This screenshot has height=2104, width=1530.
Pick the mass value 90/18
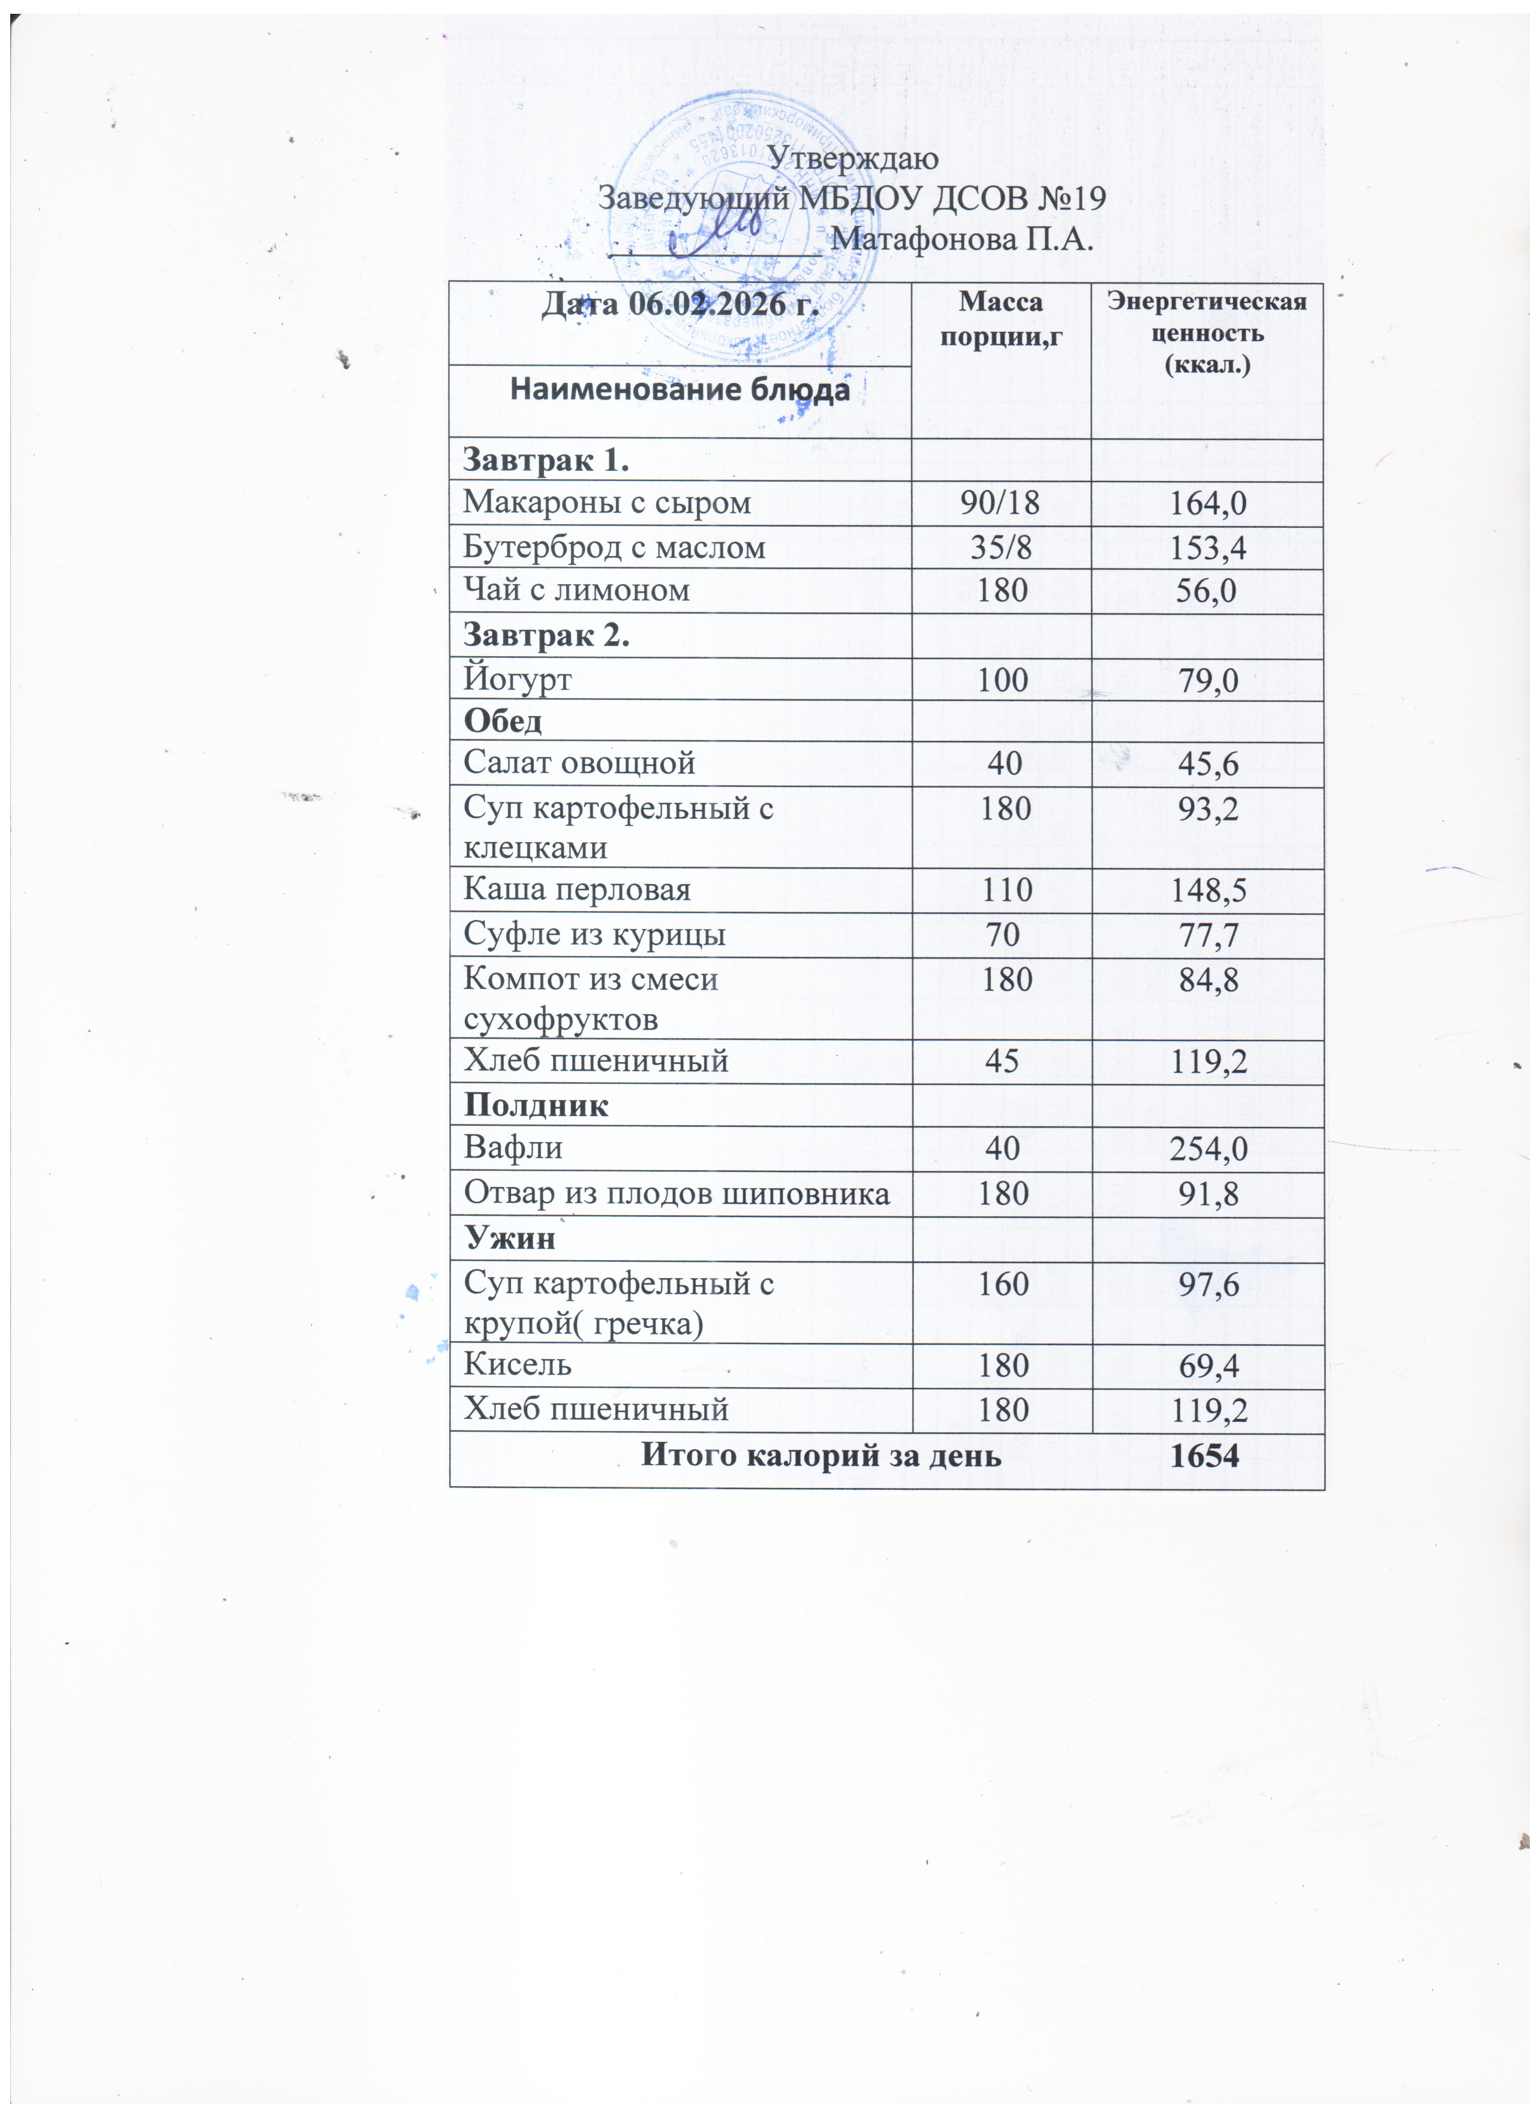1000,503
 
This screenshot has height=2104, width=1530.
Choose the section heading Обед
503,721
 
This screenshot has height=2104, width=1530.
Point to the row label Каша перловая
577,889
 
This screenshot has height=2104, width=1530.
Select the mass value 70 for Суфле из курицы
1002,934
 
